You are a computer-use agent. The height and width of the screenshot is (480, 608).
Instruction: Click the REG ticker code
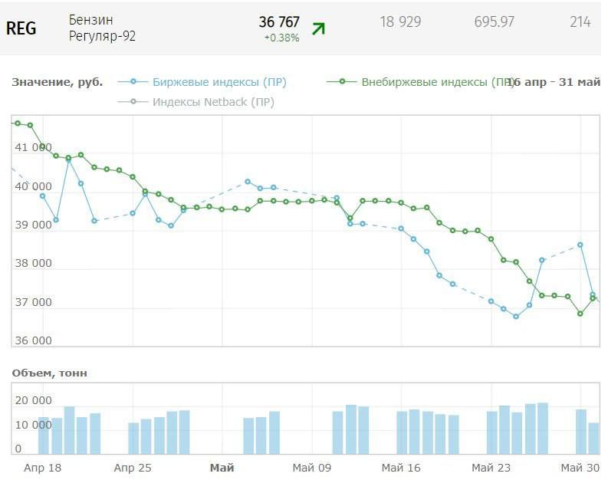pyautogui.click(x=21, y=28)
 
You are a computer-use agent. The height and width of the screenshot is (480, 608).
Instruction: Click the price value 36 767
pyautogui.click(x=279, y=22)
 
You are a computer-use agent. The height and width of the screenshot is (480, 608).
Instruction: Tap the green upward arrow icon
pyautogui.click(x=318, y=29)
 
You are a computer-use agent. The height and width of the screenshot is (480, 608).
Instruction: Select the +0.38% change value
pyautogui.click(x=281, y=38)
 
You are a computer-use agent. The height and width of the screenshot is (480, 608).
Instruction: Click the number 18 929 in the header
pyautogui.click(x=400, y=22)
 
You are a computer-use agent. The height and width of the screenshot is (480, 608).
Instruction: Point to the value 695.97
pyautogui.click(x=495, y=22)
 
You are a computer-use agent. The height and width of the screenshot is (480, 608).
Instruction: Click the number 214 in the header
pyautogui.click(x=580, y=22)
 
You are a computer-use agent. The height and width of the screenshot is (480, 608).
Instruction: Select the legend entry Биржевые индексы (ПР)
pyautogui.click(x=219, y=82)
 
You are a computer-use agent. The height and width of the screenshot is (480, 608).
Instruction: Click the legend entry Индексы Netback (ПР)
pyautogui.click(x=212, y=102)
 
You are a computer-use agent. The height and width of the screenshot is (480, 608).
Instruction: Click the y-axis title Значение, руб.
pyautogui.click(x=58, y=82)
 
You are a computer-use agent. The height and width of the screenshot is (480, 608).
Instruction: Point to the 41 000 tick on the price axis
pyautogui.click(x=33, y=147)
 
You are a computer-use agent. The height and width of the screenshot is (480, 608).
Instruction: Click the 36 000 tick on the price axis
pyautogui.click(x=33, y=341)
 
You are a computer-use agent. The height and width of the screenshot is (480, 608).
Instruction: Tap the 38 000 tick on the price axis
pyautogui.click(x=33, y=263)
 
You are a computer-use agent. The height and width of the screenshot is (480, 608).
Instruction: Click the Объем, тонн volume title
pyautogui.click(x=50, y=373)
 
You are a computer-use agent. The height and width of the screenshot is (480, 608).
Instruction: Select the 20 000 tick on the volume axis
pyautogui.click(x=33, y=400)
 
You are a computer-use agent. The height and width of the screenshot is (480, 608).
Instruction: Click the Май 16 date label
pyautogui.click(x=401, y=467)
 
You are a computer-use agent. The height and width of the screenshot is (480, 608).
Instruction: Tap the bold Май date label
pyautogui.click(x=222, y=467)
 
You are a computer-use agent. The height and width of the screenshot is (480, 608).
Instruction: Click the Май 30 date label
pyautogui.click(x=580, y=467)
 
